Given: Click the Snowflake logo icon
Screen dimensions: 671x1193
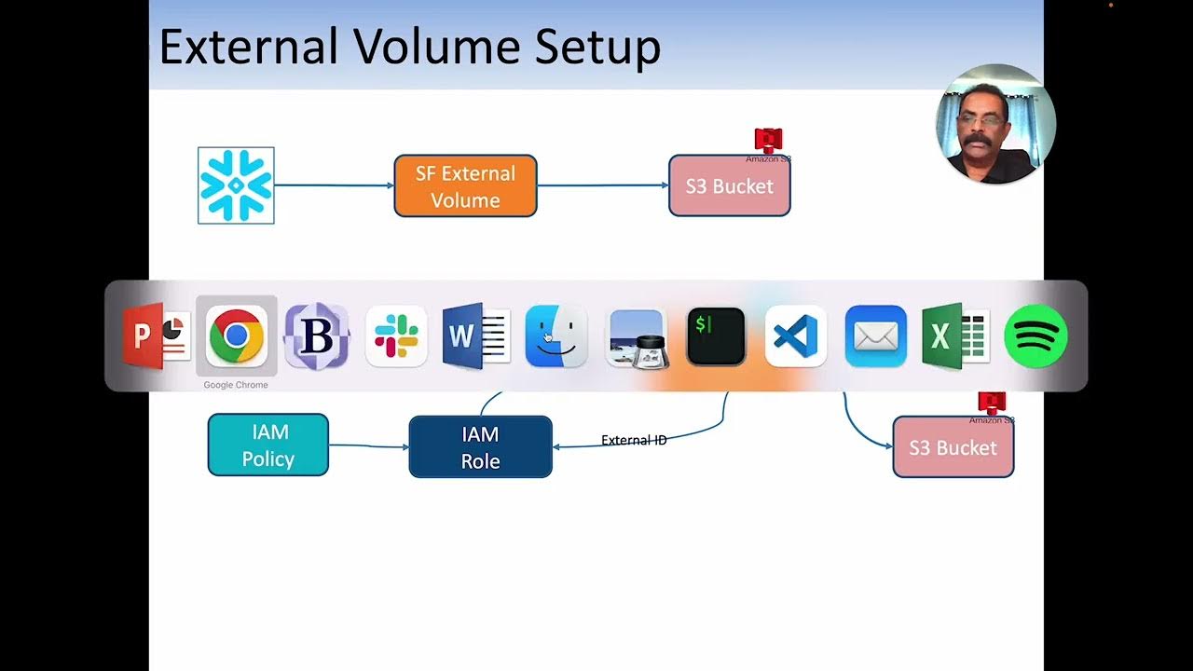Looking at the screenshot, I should click(236, 185).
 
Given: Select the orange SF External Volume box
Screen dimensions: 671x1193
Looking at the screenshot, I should click(465, 186).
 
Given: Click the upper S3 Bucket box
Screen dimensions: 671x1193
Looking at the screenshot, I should click(729, 186).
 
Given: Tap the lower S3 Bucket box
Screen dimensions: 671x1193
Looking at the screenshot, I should click(953, 447).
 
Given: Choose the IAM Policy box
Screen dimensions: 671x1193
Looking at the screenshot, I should click(267, 445).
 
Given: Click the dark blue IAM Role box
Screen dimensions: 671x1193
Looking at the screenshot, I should click(480, 447).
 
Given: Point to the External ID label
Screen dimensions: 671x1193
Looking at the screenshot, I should click(634, 440).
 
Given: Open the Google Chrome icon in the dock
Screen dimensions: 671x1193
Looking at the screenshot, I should click(236, 335).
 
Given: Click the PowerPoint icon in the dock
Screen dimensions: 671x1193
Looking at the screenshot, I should click(156, 335).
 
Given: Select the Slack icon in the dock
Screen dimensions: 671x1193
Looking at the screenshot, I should click(396, 335).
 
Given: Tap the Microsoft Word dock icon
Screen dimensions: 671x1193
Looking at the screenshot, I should click(474, 335).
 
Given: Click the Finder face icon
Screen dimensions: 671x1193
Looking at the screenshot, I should click(555, 335).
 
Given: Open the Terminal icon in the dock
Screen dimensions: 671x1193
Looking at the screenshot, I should click(716, 335).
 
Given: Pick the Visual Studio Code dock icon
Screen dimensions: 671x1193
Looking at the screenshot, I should click(796, 335).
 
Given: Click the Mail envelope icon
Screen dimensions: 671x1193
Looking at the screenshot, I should click(875, 335).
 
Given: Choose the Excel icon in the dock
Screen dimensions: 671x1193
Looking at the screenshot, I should click(954, 335).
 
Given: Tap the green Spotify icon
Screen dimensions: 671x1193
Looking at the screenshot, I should click(1035, 335).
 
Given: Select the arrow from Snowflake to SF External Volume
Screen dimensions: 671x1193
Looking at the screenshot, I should click(333, 185).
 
